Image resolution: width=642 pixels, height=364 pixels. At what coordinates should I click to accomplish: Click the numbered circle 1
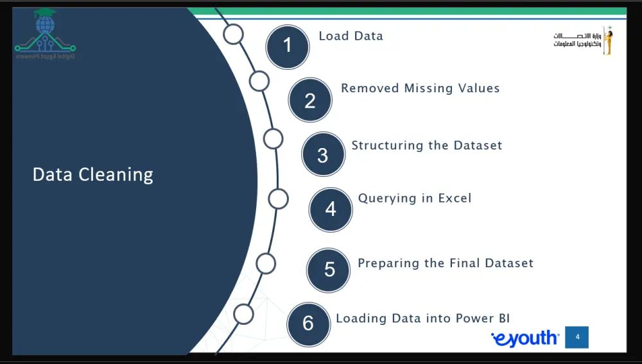(288, 45)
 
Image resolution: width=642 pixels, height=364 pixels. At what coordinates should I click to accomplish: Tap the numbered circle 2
(310, 100)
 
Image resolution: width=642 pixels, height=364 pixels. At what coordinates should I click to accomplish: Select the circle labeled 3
(323, 154)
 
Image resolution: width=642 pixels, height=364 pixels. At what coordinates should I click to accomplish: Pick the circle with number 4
(331, 209)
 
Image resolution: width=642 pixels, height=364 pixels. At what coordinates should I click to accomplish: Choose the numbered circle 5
(329, 269)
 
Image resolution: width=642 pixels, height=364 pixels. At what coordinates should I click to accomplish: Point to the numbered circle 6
(308, 323)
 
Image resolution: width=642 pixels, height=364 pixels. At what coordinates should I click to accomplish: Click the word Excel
(455, 198)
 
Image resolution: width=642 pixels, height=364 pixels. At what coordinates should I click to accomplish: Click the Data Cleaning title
(93, 174)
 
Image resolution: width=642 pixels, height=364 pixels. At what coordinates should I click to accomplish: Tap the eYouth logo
(525, 338)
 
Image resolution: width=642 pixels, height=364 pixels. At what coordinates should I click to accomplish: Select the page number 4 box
(577, 337)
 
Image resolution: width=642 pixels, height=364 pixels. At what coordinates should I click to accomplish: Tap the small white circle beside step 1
(234, 34)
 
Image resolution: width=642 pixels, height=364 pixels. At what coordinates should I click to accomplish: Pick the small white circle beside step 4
(278, 199)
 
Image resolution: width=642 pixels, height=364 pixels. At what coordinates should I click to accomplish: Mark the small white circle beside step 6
(243, 314)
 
